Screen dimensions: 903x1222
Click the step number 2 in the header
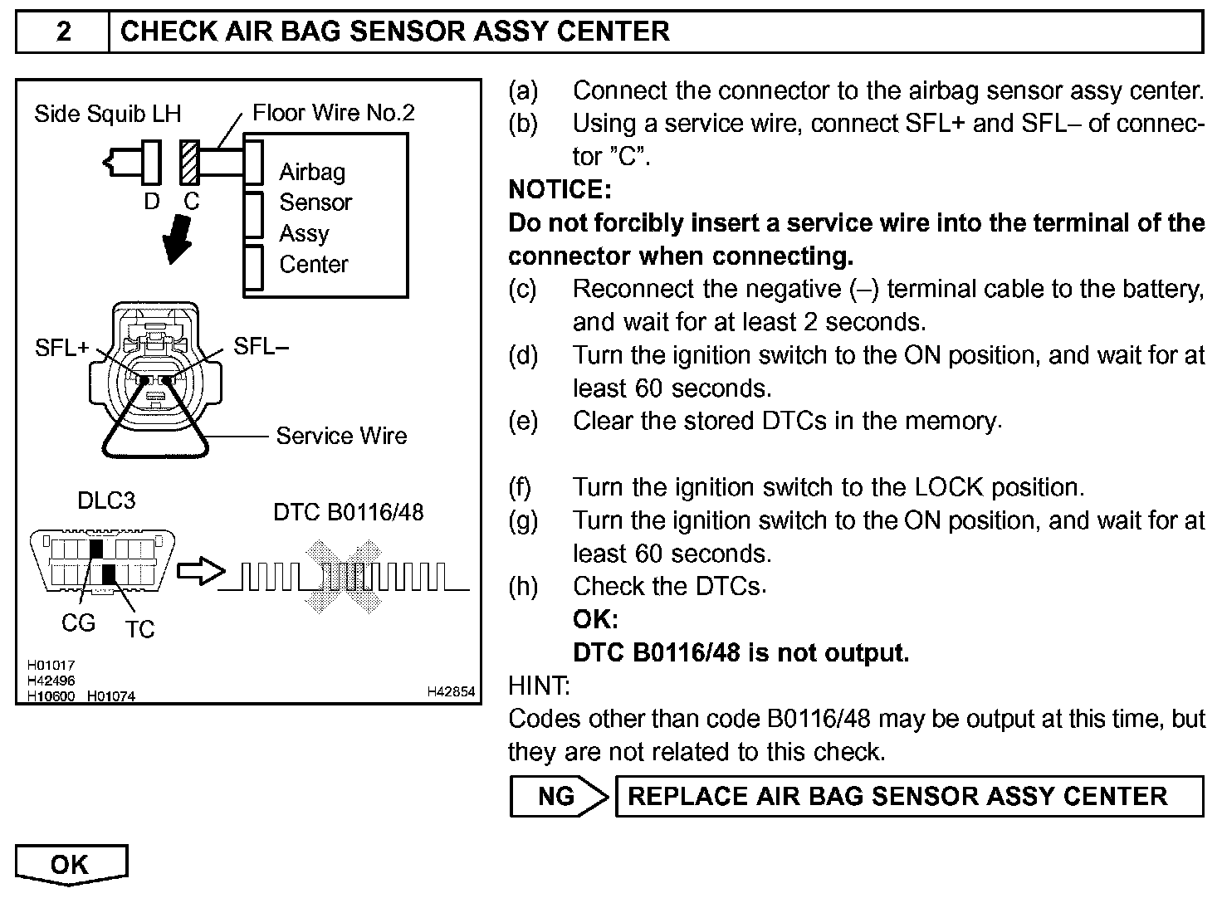[x=63, y=32]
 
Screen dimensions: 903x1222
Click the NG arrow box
[x=559, y=796]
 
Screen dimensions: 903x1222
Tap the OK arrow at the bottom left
[x=71, y=864]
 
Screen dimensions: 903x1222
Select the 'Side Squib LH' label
[x=107, y=114]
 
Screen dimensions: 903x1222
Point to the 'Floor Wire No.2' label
[x=333, y=112]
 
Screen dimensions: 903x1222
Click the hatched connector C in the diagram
[x=189, y=161]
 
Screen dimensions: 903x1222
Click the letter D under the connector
[x=152, y=201]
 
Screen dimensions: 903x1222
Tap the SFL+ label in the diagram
[x=61, y=348]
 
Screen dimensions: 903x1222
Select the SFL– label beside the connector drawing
[x=262, y=346]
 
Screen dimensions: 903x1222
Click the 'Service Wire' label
[x=341, y=436]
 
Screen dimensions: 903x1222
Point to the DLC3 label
[x=105, y=500]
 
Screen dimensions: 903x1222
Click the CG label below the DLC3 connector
[x=79, y=622]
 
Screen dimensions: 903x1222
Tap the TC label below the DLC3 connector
[x=140, y=629]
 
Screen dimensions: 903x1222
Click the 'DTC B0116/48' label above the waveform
[x=348, y=511]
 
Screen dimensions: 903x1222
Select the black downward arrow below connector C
[x=178, y=239]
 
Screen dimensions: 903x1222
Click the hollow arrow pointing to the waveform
[x=201, y=571]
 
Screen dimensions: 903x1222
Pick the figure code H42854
[x=451, y=691]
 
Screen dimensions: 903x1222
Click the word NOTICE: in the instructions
[x=560, y=189]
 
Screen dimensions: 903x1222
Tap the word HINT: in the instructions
[x=538, y=686]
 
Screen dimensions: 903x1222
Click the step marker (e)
[x=522, y=421]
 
